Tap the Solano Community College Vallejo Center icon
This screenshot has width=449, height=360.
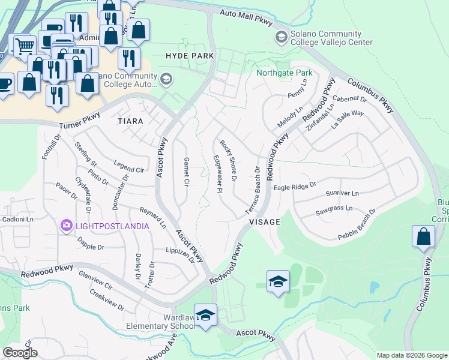tap(280, 38)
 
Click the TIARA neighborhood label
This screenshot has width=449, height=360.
tap(130, 121)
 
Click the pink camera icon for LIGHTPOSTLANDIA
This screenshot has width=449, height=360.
tap(67, 226)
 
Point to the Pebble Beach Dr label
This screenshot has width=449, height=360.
tap(353, 221)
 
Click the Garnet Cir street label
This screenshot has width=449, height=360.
tap(186, 172)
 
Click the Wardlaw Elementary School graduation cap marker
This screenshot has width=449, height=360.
tap(205, 316)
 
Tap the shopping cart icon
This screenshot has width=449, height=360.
tap(23, 45)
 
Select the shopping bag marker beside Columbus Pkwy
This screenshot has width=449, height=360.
tap(423, 236)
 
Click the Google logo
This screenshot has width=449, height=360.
tap(20, 353)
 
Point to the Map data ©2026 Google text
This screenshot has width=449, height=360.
tap(411, 355)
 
